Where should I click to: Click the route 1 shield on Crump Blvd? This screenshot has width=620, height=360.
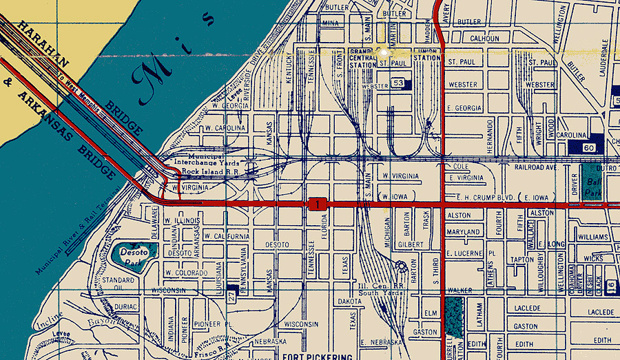(317, 204)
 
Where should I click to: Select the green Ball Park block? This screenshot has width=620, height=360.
(590, 182)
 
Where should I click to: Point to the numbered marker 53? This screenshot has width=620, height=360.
(397, 83)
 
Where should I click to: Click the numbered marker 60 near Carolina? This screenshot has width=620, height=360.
(588, 147)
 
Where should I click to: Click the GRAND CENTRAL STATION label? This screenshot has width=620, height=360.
(361, 58)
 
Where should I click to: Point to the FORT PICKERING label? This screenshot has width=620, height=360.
(318, 357)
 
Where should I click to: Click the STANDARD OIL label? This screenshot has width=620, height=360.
(118, 284)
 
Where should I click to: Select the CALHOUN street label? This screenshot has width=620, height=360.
(484, 39)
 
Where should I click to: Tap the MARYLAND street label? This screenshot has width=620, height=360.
(463, 232)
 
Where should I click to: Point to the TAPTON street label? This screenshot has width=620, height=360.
(522, 260)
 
